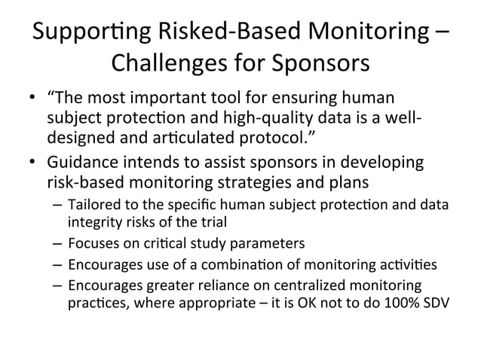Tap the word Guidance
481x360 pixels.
(84, 163)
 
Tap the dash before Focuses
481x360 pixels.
(57, 244)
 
